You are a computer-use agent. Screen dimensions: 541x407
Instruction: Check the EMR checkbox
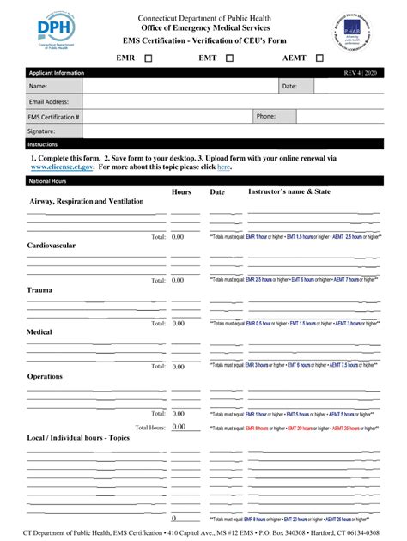tap(149, 58)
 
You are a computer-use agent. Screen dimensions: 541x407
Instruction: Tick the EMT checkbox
tap(230, 58)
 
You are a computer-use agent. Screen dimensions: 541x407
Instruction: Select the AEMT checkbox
tap(319, 58)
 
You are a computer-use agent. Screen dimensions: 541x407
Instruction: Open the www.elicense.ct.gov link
tap(61, 167)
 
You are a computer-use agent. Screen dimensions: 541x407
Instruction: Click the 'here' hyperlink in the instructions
tap(223, 167)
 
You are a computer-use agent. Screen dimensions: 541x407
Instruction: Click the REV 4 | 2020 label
tap(360, 73)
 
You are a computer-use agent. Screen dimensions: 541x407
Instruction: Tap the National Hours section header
tap(48, 182)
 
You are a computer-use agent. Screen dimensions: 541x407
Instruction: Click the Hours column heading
tap(181, 192)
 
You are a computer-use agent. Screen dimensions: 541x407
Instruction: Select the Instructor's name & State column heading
tap(289, 192)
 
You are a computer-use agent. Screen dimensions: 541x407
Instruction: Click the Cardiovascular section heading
tap(52, 246)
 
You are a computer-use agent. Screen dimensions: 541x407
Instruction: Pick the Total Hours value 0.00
tap(178, 427)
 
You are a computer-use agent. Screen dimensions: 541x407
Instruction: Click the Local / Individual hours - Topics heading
tap(78, 438)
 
